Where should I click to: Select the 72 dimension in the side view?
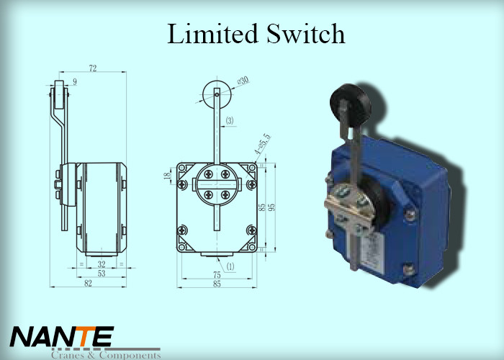coord(93,68)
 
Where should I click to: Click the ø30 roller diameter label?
coord(243,81)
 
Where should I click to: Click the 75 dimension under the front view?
coord(217,274)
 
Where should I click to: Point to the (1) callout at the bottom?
coord(230,266)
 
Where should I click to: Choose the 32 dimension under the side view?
coord(102,264)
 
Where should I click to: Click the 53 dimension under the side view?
coord(102,274)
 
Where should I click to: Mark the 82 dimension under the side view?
coord(89,284)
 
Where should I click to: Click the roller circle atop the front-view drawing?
coord(217,94)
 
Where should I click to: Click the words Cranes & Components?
coord(104,354)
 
